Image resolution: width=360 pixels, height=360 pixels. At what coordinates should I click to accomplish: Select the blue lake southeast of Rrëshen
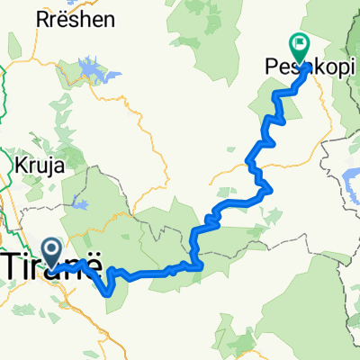click(90, 69)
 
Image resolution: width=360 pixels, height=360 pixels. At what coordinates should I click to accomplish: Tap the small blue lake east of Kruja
click(82, 204)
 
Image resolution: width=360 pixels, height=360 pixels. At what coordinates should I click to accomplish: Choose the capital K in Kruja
click(19, 166)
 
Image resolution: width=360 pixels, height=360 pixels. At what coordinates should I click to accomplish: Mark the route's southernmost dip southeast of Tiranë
click(111, 291)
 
